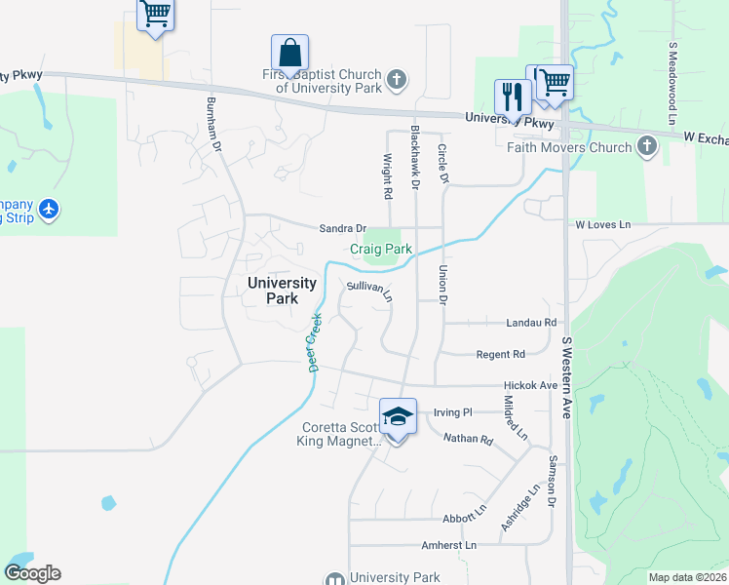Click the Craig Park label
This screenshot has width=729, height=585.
(381, 249)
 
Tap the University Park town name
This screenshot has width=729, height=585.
(282, 291)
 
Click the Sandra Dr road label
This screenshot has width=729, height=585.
(342, 228)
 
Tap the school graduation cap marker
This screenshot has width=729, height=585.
(398, 416)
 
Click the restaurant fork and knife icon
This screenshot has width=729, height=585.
(513, 97)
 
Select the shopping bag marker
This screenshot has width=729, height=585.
(289, 52)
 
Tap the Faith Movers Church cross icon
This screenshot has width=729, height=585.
(646, 147)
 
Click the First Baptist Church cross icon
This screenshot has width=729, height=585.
(396, 80)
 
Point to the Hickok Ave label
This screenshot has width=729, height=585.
(530, 385)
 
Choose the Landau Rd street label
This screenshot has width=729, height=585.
(530, 322)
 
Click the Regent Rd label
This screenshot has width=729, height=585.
(501, 354)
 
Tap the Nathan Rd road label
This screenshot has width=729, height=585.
(468, 439)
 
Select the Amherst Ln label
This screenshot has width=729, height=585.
(448, 545)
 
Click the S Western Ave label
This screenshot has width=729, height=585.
(566, 378)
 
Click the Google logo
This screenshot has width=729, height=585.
(32, 573)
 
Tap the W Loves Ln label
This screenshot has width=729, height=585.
(602, 225)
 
